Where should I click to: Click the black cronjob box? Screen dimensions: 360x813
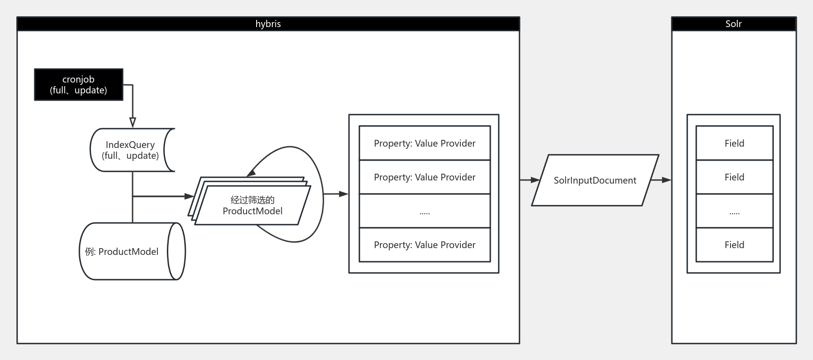[78, 84]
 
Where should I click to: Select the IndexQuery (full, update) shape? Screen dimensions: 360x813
[130, 150]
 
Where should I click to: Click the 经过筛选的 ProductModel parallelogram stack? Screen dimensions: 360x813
[253, 205]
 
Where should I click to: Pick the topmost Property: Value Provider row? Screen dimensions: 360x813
[424, 143]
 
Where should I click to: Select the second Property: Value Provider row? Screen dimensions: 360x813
[424, 177]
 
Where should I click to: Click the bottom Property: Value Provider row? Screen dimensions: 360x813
[424, 245]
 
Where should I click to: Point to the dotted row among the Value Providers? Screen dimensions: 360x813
[424, 211]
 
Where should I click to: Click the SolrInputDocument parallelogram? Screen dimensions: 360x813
[595, 180]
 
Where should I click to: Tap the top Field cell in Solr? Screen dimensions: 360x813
[734, 143]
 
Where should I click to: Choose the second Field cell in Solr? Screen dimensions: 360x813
[734, 177]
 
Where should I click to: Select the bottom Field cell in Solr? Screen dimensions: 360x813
[734, 245]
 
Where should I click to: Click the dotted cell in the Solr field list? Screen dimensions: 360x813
[734, 211]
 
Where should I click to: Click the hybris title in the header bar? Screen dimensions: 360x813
[268, 24]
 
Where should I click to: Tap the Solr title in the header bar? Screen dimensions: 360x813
[733, 24]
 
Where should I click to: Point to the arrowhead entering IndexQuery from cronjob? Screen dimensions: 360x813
[133, 123]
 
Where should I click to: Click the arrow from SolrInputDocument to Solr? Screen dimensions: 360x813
[661, 180]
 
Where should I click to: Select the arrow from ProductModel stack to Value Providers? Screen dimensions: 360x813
[336, 194]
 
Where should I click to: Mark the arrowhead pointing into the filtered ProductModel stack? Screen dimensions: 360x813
[189, 196]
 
